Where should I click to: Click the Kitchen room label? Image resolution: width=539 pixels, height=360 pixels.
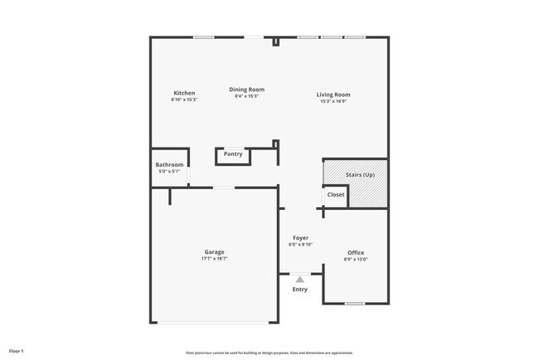tap(184, 92)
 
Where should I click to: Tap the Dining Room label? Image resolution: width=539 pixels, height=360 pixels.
tap(247, 90)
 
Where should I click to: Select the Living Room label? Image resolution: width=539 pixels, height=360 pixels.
tap(333, 95)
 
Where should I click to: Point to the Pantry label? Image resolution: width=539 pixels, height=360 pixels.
tap(233, 153)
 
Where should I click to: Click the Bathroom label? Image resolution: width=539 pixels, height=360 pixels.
tap(169, 164)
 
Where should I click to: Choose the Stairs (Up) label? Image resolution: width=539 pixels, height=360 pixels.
tap(360, 175)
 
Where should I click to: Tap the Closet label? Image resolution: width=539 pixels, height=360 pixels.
tap(336, 194)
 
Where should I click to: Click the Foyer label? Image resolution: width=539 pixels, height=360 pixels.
tap(300, 238)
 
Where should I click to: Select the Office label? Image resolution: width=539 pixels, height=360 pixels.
tap(356, 252)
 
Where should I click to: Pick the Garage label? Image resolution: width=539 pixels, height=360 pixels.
tap(214, 252)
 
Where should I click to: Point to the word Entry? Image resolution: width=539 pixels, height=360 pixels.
tap(300, 289)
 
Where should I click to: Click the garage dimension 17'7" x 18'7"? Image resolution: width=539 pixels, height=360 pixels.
tap(214, 259)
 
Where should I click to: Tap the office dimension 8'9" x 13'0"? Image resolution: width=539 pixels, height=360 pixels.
tap(356, 259)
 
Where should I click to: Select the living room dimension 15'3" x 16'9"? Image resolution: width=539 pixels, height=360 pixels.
tap(333, 101)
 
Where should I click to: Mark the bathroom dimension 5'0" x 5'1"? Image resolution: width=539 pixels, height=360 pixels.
tap(169, 171)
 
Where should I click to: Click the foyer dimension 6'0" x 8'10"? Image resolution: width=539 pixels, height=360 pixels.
tap(300, 245)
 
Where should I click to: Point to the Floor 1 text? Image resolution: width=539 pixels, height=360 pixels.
tap(17, 352)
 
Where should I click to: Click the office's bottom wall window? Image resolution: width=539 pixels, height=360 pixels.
tap(355, 304)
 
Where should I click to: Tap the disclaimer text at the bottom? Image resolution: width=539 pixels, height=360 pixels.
tap(269, 353)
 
